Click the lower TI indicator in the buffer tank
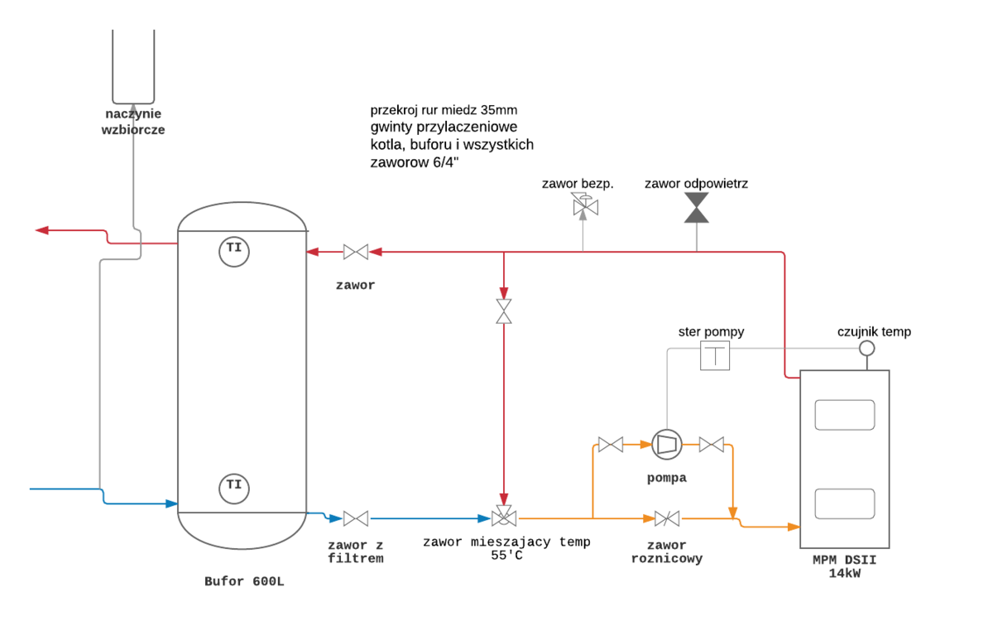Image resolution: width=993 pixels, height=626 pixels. click(x=234, y=487)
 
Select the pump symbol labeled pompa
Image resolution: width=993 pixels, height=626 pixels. click(x=664, y=444)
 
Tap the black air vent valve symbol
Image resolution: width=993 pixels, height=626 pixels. click(x=697, y=208)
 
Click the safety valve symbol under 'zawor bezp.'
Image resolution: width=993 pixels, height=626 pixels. click(x=583, y=205)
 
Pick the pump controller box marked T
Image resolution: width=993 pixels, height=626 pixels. click(x=715, y=356)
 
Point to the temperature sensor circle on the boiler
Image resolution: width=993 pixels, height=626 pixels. click(x=866, y=348)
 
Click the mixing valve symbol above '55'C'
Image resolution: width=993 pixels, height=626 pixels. click(x=503, y=518)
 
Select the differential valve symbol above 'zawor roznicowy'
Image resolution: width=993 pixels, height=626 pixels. click(x=667, y=519)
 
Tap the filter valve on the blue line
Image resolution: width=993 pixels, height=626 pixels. click(x=356, y=519)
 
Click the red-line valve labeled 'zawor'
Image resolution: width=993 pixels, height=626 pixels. click(x=357, y=251)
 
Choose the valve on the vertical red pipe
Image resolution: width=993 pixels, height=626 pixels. click(x=503, y=311)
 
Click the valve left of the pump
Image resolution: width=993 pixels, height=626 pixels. click(x=611, y=445)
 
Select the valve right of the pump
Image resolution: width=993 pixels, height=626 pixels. click(x=712, y=445)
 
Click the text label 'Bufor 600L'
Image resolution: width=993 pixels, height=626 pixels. click(x=244, y=581)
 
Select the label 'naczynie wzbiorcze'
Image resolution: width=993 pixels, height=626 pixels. click(x=133, y=122)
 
